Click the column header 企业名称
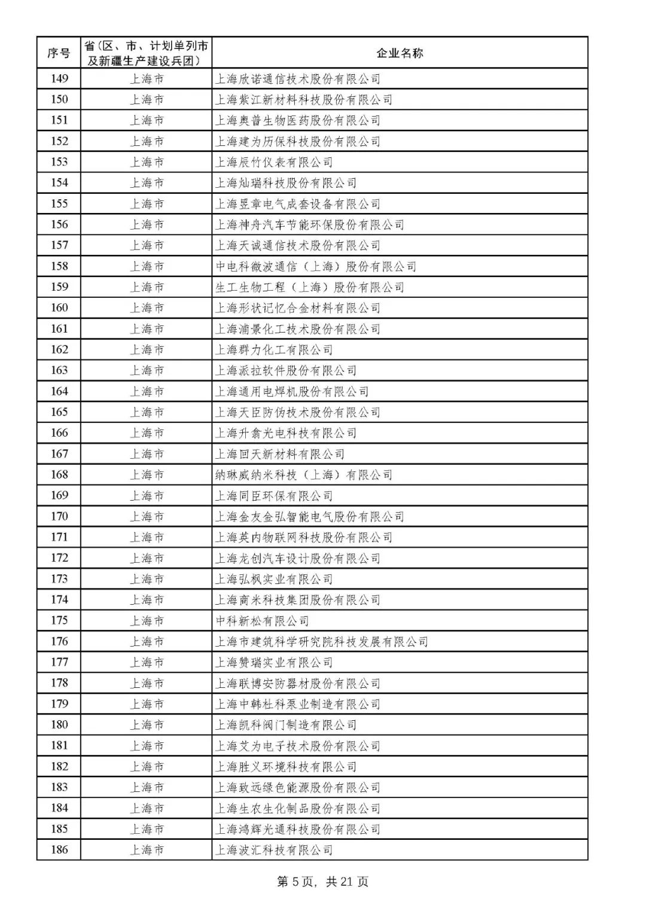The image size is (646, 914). tap(399, 53)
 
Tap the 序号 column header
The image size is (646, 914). tap(59, 53)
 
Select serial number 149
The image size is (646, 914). tap(59, 79)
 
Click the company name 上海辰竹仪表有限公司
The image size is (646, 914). tap(274, 162)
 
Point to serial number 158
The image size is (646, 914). tap(59, 266)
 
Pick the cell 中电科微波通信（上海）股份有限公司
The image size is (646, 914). tap(315, 266)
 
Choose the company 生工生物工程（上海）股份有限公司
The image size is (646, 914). tap(309, 287)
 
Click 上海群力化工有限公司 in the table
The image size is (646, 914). tap(274, 350)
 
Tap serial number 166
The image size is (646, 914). tap(59, 433)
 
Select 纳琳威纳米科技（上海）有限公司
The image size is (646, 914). tap(303, 475)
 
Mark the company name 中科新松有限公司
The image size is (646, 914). tap(262, 621)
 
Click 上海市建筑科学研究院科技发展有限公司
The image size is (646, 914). tap(321, 642)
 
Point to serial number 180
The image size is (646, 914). tap(59, 725)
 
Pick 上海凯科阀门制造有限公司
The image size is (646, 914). tap(285, 725)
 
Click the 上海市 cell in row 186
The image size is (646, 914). tap(147, 850)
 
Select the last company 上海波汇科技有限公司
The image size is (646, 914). tap(274, 850)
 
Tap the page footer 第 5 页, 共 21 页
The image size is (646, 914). tap(323, 882)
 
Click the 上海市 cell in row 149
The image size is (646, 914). tap(147, 79)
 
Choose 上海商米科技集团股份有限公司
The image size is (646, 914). tap(297, 600)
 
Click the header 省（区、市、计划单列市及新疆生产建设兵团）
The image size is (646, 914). tap(147, 53)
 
